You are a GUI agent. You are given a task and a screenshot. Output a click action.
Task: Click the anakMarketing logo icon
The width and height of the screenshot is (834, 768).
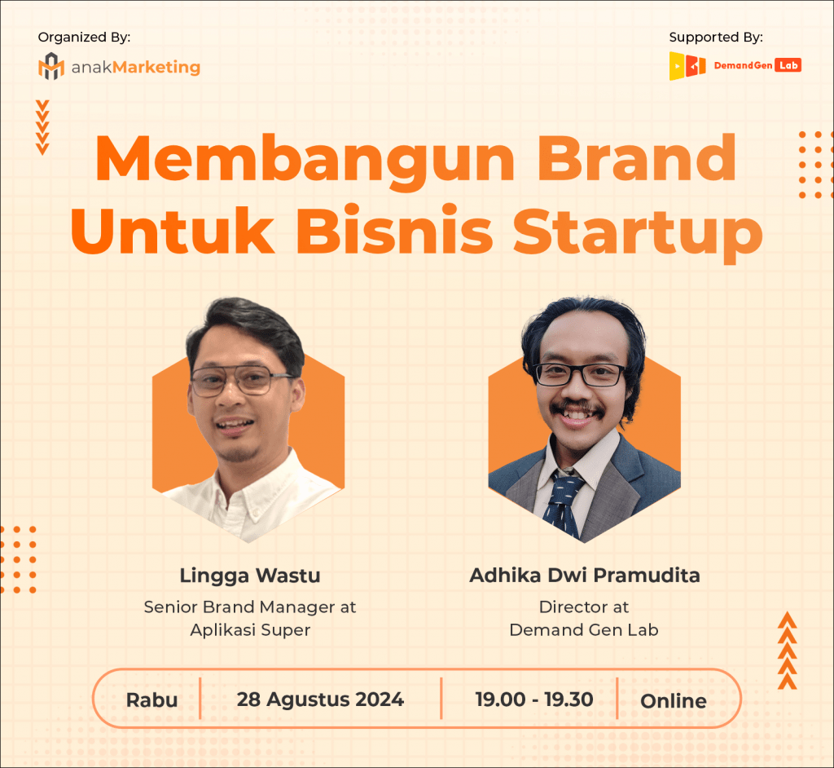pyautogui.click(x=50, y=66)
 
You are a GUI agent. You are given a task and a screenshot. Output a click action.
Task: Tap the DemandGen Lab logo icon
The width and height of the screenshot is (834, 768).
pyautogui.click(x=687, y=66)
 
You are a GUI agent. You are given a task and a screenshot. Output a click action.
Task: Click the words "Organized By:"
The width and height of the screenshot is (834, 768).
pyautogui.click(x=84, y=37)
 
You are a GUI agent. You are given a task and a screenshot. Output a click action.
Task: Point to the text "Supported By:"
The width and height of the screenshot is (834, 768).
pyautogui.click(x=715, y=37)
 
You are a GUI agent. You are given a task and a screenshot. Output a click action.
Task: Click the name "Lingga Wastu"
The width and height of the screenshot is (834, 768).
pyautogui.click(x=250, y=576)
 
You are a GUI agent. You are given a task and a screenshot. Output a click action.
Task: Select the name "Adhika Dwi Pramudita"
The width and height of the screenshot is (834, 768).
pyautogui.click(x=584, y=576)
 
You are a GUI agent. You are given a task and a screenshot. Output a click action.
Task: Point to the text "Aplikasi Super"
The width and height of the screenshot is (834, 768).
pyautogui.click(x=250, y=629)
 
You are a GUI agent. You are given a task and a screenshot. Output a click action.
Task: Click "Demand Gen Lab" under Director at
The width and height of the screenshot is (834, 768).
pyautogui.click(x=584, y=629)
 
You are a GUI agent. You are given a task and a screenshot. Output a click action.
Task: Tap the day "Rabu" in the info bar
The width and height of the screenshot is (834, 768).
pyautogui.click(x=151, y=700)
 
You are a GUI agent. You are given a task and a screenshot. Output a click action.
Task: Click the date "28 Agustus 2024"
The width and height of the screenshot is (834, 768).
pyautogui.click(x=320, y=699)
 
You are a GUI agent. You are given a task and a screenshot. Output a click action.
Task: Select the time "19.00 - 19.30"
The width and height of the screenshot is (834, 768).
pyautogui.click(x=534, y=699)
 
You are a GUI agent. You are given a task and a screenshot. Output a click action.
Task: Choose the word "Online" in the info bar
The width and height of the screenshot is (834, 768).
pyautogui.click(x=673, y=700)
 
